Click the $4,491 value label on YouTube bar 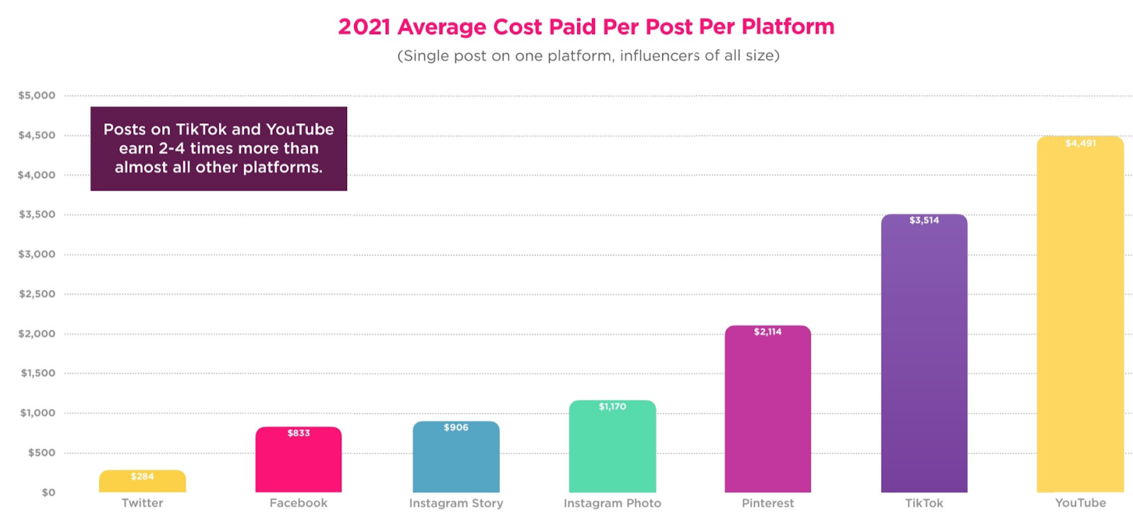[x=1081, y=143]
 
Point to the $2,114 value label [x=768, y=332]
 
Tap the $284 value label [x=142, y=476]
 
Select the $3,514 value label [x=924, y=220]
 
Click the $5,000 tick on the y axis [x=37, y=96]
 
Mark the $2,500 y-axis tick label [x=37, y=294]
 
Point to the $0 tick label [x=48, y=493]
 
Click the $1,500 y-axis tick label [x=38, y=373]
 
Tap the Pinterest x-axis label [x=768, y=503]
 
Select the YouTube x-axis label [x=1080, y=503]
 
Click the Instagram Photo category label [x=613, y=503]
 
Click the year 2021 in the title [x=364, y=27]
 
